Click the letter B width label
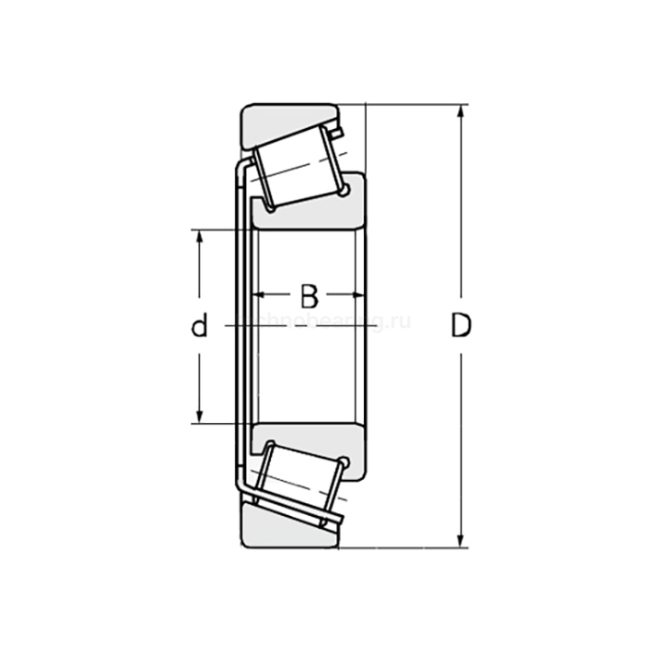(x=309, y=297)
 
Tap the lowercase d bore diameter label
(x=199, y=325)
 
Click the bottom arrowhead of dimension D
(x=460, y=541)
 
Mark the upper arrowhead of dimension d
(x=199, y=236)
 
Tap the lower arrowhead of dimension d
(x=199, y=416)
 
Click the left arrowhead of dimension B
(x=259, y=296)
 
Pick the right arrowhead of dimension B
(x=360, y=296)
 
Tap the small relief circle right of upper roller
(x=345, y=192)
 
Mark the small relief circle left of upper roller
(x=270, y=209)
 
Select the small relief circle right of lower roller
(x=345, y=463)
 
